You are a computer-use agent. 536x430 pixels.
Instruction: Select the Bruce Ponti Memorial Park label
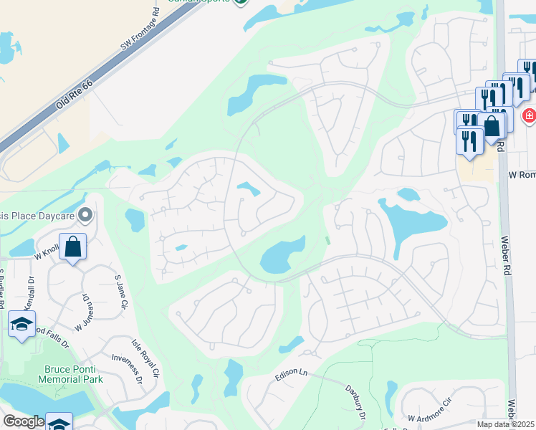(x=71, y=373)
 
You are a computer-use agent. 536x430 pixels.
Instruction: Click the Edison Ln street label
(x=291, y=374)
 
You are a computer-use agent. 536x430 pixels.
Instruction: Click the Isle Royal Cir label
(x=144, y=358)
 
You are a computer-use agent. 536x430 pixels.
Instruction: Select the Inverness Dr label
(x=126, y=368)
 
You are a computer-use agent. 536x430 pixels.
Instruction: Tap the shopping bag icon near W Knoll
(x=73, y=247)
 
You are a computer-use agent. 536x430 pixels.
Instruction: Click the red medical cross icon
(x=529, y=115)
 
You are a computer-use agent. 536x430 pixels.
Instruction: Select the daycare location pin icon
(x=86, y=214)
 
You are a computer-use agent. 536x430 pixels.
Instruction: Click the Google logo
(x=23, y=421)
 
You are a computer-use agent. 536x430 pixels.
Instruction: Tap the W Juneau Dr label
(x=82, y=309)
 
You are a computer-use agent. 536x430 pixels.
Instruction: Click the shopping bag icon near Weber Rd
(x=492, y=126)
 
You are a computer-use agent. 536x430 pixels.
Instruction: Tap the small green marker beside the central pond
(x=328, y=241)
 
